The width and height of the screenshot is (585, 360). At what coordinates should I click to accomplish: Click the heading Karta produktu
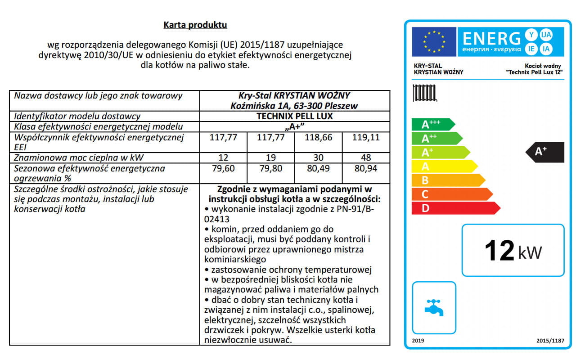click(195, 25)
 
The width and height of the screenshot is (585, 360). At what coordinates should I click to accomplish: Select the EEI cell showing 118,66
click(318, 137)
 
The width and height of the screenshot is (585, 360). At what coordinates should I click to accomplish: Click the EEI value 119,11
click(365, 137)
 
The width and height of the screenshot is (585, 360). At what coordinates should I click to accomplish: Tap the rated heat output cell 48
click(365, 157)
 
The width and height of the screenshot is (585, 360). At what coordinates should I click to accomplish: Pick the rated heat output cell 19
click(270, 157)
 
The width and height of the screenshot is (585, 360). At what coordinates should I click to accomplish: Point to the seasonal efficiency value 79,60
click(223, 169)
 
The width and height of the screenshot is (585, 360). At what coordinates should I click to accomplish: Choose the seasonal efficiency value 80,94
click(365, 169)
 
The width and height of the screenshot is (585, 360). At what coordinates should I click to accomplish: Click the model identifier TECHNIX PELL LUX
click(294, 116)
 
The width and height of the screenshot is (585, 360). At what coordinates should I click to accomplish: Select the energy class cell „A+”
click(294, 126)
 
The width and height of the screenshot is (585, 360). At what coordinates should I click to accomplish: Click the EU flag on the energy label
click(433, 42)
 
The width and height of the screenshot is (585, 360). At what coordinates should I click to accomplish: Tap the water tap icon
click(434, 308)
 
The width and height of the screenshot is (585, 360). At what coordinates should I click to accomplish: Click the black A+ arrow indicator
click(545, 152)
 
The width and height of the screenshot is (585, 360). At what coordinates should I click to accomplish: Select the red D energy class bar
click(454, 208)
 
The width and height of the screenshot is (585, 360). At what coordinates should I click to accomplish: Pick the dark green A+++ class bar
click(432, 125)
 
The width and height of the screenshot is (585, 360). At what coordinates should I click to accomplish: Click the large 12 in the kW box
click(499, 251)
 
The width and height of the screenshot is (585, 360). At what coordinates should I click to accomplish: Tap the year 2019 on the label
click(418, 341)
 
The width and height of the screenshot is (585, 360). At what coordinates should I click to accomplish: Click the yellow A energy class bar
click(443, 166)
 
